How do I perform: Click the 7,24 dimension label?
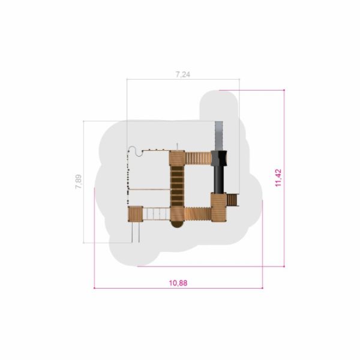tap(183, 74)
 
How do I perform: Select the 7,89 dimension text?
tap(78, 182)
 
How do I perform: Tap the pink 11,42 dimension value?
tap(278, 178)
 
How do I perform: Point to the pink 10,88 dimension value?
tap(178, 283)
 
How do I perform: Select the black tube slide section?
tap(219, 179)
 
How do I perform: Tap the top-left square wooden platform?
tap(177, 158)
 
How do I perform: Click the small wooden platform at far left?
tap(136, 214)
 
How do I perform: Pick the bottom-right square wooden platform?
tap(219, 208)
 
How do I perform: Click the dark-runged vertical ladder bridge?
tap(177, 186)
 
